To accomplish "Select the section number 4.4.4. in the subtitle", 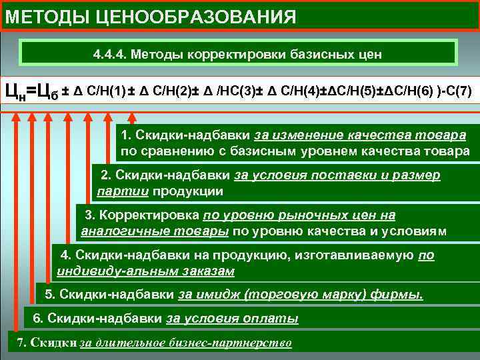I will point(111,53).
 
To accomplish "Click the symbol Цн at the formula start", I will point(15,91).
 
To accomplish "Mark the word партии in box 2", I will point(122,191).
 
